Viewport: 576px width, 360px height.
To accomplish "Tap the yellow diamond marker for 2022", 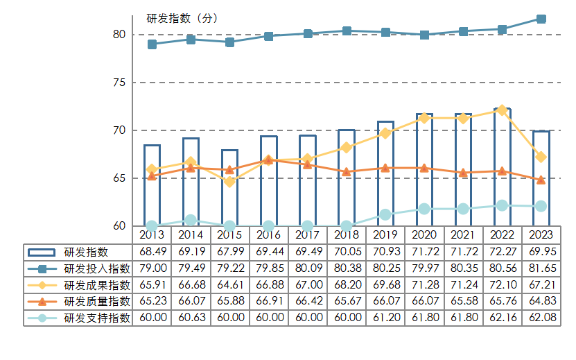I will click(x=502, y=110).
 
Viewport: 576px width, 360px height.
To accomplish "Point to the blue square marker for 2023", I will click(x=541, y=19).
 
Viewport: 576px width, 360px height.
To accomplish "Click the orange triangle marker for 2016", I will click(x=269, y=160).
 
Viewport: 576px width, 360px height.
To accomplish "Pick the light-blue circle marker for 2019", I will click(x=385, y=214).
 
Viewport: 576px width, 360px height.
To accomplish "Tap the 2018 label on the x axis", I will click(x=347, y=235).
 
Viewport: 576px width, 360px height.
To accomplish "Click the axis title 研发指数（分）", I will click(x=182, y=19).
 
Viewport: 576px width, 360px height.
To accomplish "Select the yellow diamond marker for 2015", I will click(x=230, y=182).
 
